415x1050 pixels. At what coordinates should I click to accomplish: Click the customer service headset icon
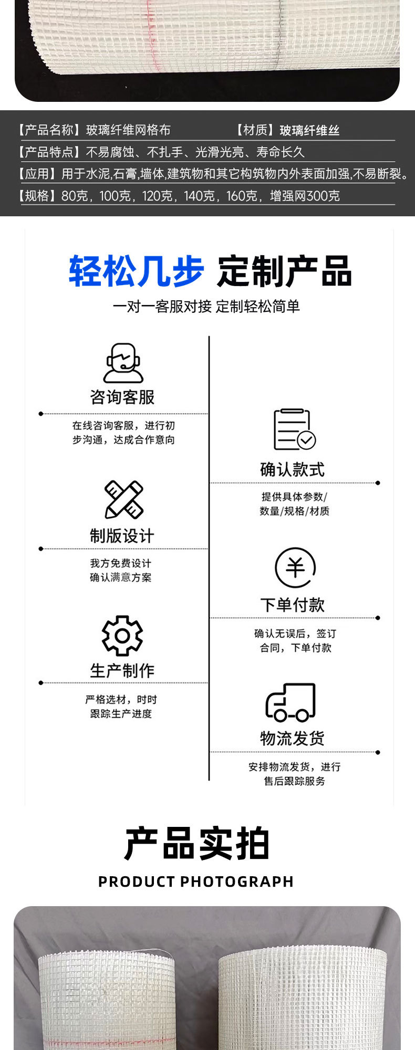pyautogui.click(x=123, y=363)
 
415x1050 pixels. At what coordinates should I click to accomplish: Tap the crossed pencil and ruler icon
pyautogui.click(x=124, y=499)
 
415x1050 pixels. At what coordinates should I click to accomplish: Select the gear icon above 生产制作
pyautogui.click(x=122, y=635)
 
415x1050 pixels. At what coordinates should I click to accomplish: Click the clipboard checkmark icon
pyautogui.click(x=294, y=429)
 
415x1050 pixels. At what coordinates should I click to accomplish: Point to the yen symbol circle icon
pyautogui.click(x=295, y=568)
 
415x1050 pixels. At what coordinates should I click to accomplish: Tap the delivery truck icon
pyautogui.click(x=290, y=702)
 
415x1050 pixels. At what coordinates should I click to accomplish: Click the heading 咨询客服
pyautogui.click(x=122, y=397)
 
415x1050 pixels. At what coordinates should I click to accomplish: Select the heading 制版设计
pyautogui.click(x=122, y=536)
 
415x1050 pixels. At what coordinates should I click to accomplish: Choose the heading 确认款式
pyautogui.click(x=293, y=469)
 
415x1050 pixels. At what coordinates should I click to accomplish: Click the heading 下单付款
pyautogui.click(x=293, y=605)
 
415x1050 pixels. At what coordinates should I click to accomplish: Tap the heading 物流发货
pyautogui.click(x=293, y=739)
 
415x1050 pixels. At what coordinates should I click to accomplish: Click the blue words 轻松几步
pyautogui.click(x=136, y=271)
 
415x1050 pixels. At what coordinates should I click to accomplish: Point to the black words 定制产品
pyautogui.click(x=284, y=271)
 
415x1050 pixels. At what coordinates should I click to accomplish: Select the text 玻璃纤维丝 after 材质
pyautogui.click(x=309, y=130)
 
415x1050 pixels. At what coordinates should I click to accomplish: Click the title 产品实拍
pyautogui.click(x=197, y=844)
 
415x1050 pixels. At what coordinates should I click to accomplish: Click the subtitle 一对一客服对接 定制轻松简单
pyautogui.click(x=206, y=307)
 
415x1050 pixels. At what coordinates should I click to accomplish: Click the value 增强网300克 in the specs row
pyautogui.click(x=305, y=196)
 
